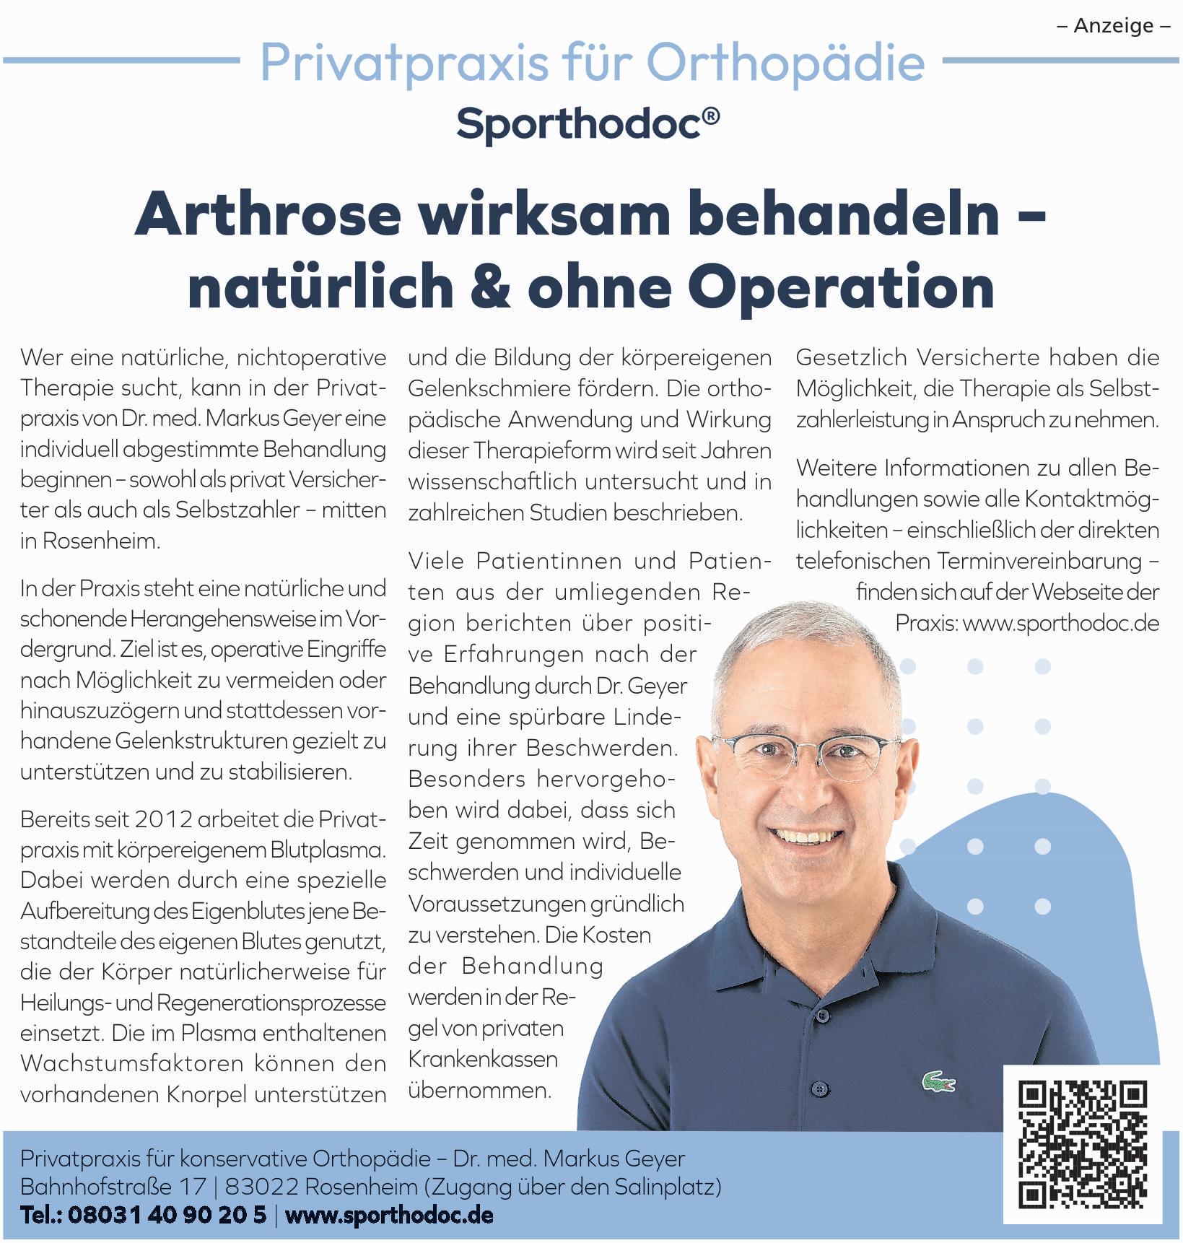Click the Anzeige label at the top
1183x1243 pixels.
point(1113,26)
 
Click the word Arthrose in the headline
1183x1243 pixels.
point(268,214)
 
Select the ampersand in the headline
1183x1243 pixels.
point(490,287)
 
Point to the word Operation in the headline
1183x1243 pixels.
point(842,287)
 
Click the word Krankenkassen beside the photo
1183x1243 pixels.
point(483,1059)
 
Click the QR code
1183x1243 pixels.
point(1082,1145)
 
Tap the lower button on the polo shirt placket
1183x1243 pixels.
point(818,1087)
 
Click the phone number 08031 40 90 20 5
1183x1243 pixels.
point(167,1215)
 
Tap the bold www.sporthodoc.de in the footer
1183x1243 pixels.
point(390,1215)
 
